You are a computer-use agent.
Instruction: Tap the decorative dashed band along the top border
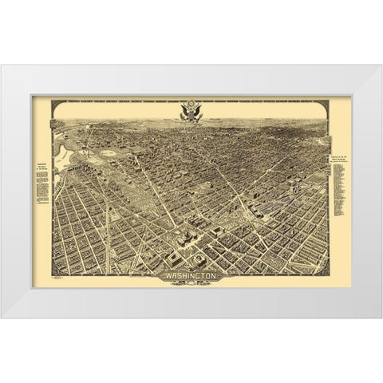pyautogui.click(x=120, y=105)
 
